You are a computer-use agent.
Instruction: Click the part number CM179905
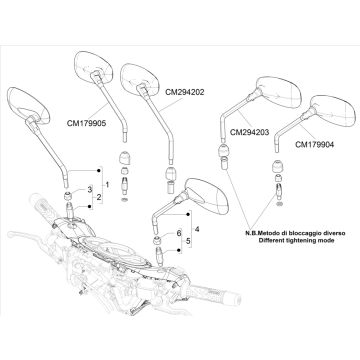click(86, 123)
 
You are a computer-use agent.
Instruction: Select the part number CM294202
click(185, 92)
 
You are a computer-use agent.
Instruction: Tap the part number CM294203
click(250, 133)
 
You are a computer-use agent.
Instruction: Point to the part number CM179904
click(315, 144)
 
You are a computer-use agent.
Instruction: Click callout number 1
click(107, 184)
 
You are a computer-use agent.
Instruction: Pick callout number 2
click(99, 197)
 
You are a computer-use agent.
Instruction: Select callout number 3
click(89, 190)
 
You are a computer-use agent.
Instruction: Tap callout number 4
click(197, 229)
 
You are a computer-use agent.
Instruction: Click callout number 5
click(188, 241)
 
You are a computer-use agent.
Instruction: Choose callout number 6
click(179, 233)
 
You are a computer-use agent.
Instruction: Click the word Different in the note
click(272, 241)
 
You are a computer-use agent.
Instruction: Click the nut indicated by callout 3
click(68, 194)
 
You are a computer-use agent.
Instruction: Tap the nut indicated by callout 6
click(159, 240)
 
